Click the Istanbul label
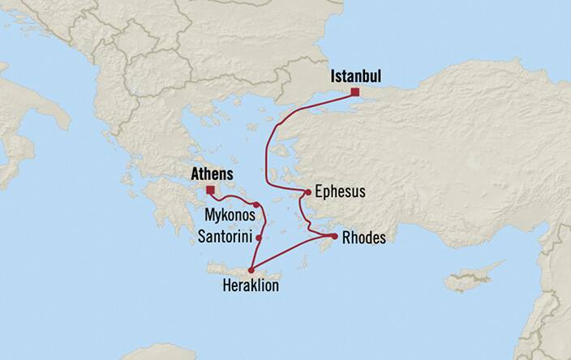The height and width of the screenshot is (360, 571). click(x=355, y=78)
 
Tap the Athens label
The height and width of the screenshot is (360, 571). click(x=211, y=174)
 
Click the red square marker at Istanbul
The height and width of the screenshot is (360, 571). click(x=354, y=93)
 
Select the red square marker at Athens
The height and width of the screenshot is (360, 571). click(x=211, y=190)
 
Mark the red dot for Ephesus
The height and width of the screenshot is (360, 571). click(x=307, y=192)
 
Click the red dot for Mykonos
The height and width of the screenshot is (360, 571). click(x=256, y=204)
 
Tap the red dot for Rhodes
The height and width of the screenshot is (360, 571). click(x=333, y=236)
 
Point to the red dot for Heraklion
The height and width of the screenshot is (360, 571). click(x=251, y=271)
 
